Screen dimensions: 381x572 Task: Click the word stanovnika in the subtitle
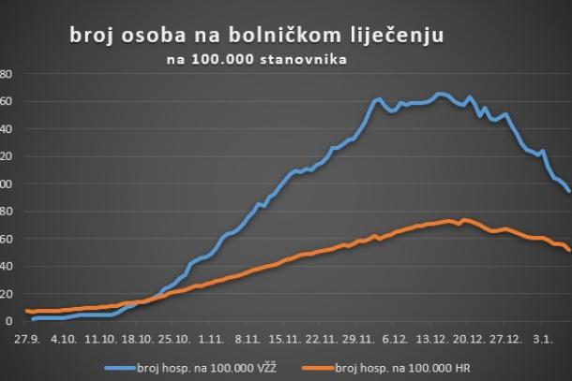298,61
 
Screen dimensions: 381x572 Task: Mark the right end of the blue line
569,191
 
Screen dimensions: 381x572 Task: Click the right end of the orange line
569,249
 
